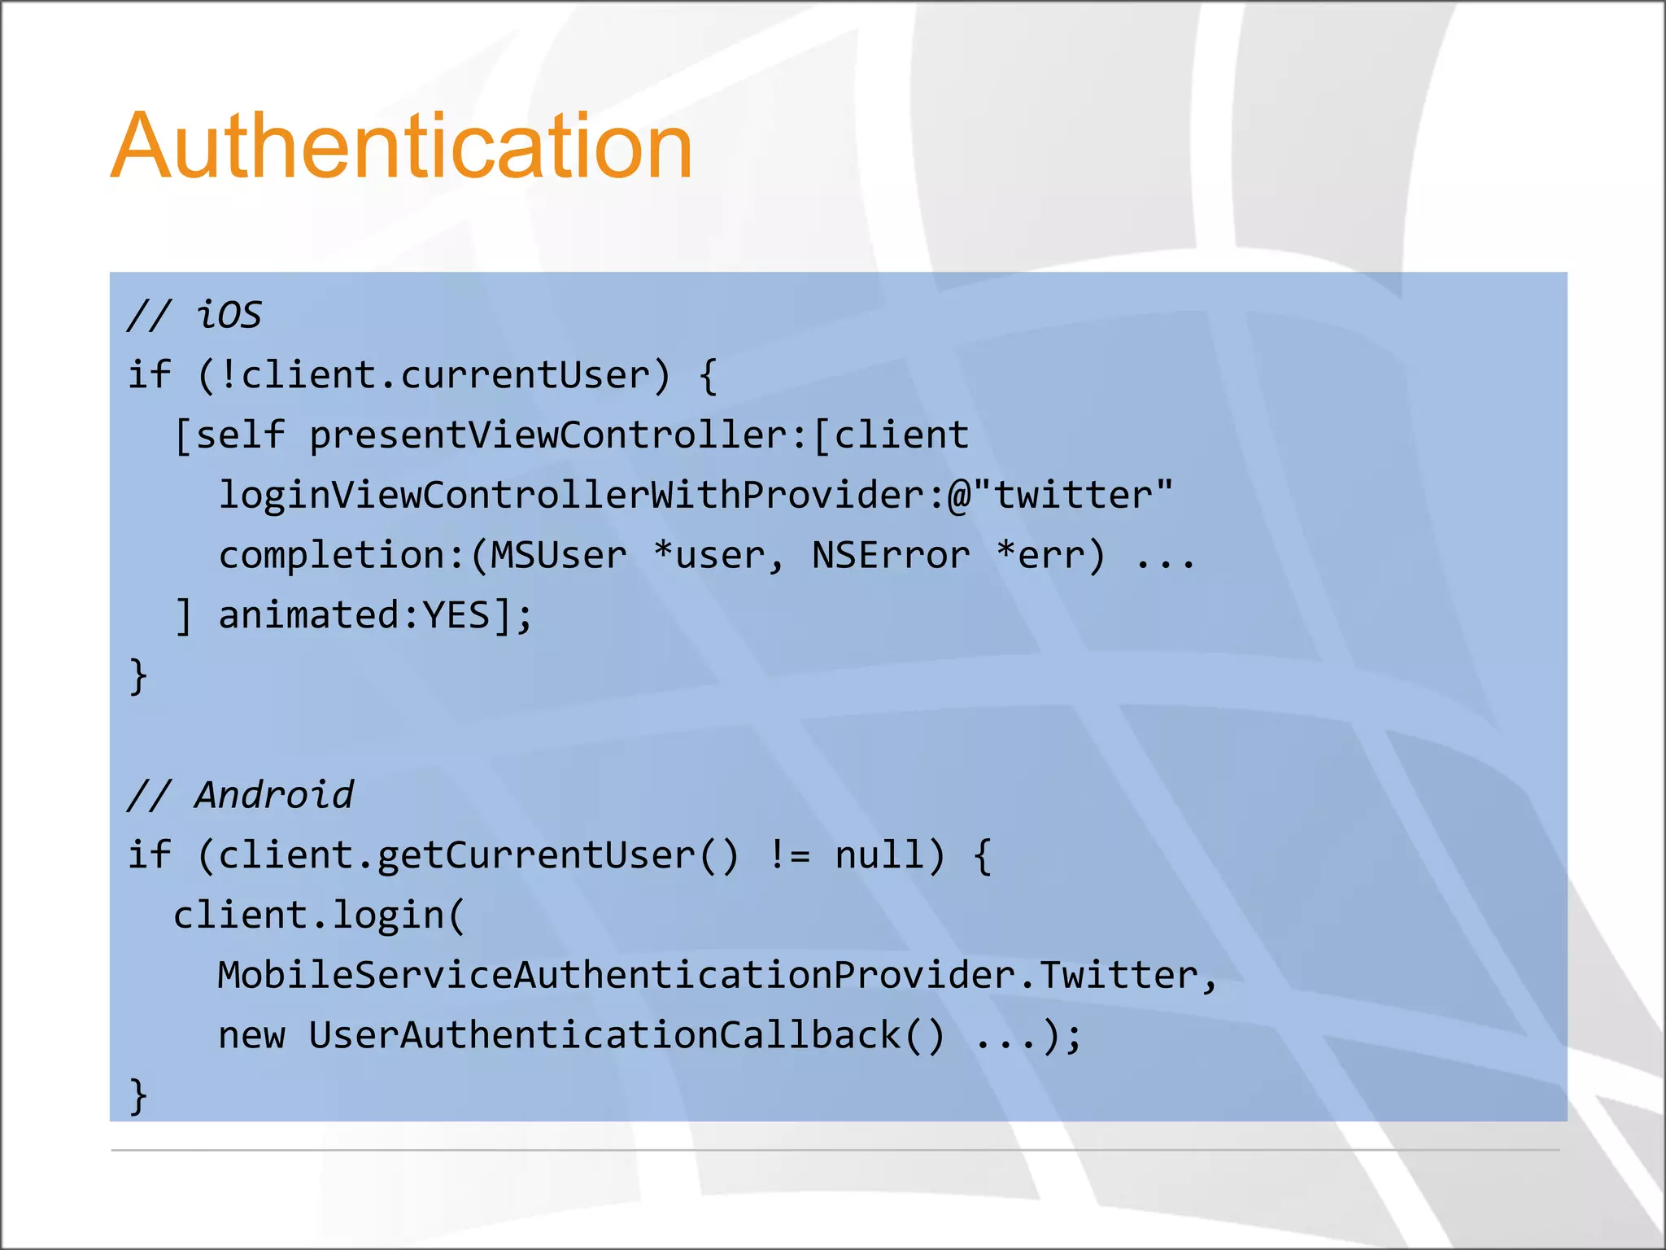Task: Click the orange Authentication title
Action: pyautogui.click(x=401, y=146)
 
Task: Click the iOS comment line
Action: pyautogui.click(x=194, y=315)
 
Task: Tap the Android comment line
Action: pyautogui.click(x=241, y=795)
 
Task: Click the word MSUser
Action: pyautogui.click(x=559, y=555)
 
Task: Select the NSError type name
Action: pyautogui.click(x=891, y=555)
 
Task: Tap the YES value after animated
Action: pyautogui.click(x=456, y=615)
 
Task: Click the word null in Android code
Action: pyautogui.click(x=879, y=855)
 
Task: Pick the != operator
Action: pyautogui.click(x=788, y=855)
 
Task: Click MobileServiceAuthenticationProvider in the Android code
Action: pyautogui.click(x=615, y=975)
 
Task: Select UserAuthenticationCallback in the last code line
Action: pyautogui.click(x=604, y=1035)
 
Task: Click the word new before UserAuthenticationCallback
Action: pyautogui.click(x=251, y=1035)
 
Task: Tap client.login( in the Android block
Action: pyautogui.click(x=319, y=916)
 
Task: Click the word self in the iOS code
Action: pyautogui.click(x=240, y=435)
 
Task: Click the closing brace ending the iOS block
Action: pyautogui.click(x=138, y=676)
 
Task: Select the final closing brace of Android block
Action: pyautogui.click(x=138, y=1095)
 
